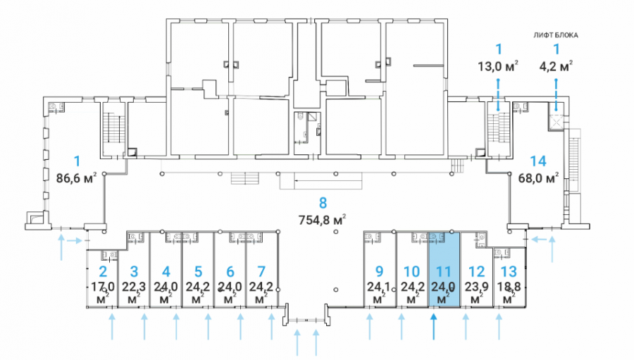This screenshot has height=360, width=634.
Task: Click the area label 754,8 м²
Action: (322, 220)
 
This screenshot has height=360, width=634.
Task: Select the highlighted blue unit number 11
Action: (443, 271)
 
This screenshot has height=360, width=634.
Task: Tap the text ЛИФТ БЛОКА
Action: (556, 35)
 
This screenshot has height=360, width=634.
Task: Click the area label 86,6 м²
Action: (76, 178)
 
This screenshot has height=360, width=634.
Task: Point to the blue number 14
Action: (538, 161)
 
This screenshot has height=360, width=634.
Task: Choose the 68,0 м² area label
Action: (539, 178)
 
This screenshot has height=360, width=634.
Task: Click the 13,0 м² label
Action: (498, 66)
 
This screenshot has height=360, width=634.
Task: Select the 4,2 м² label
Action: (556, 66)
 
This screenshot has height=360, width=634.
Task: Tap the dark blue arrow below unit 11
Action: (433, 328)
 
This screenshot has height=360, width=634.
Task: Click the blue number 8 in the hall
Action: (323, 203)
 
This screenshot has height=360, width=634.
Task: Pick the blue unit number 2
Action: (103, 271)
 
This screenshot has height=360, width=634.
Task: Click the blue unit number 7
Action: (261, 271)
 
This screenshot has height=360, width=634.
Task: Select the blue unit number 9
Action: (379, 271)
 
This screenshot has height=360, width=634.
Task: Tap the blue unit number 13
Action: (509, 271)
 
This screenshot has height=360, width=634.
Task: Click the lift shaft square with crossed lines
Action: (557, 121)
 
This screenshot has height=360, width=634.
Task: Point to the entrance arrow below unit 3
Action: (144, 328)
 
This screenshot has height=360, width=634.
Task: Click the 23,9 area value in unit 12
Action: (477, 287)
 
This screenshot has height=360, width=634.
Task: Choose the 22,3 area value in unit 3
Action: (135, 287)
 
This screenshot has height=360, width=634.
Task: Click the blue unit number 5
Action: (198, 271)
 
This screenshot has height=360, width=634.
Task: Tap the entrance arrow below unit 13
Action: (499, 328)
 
